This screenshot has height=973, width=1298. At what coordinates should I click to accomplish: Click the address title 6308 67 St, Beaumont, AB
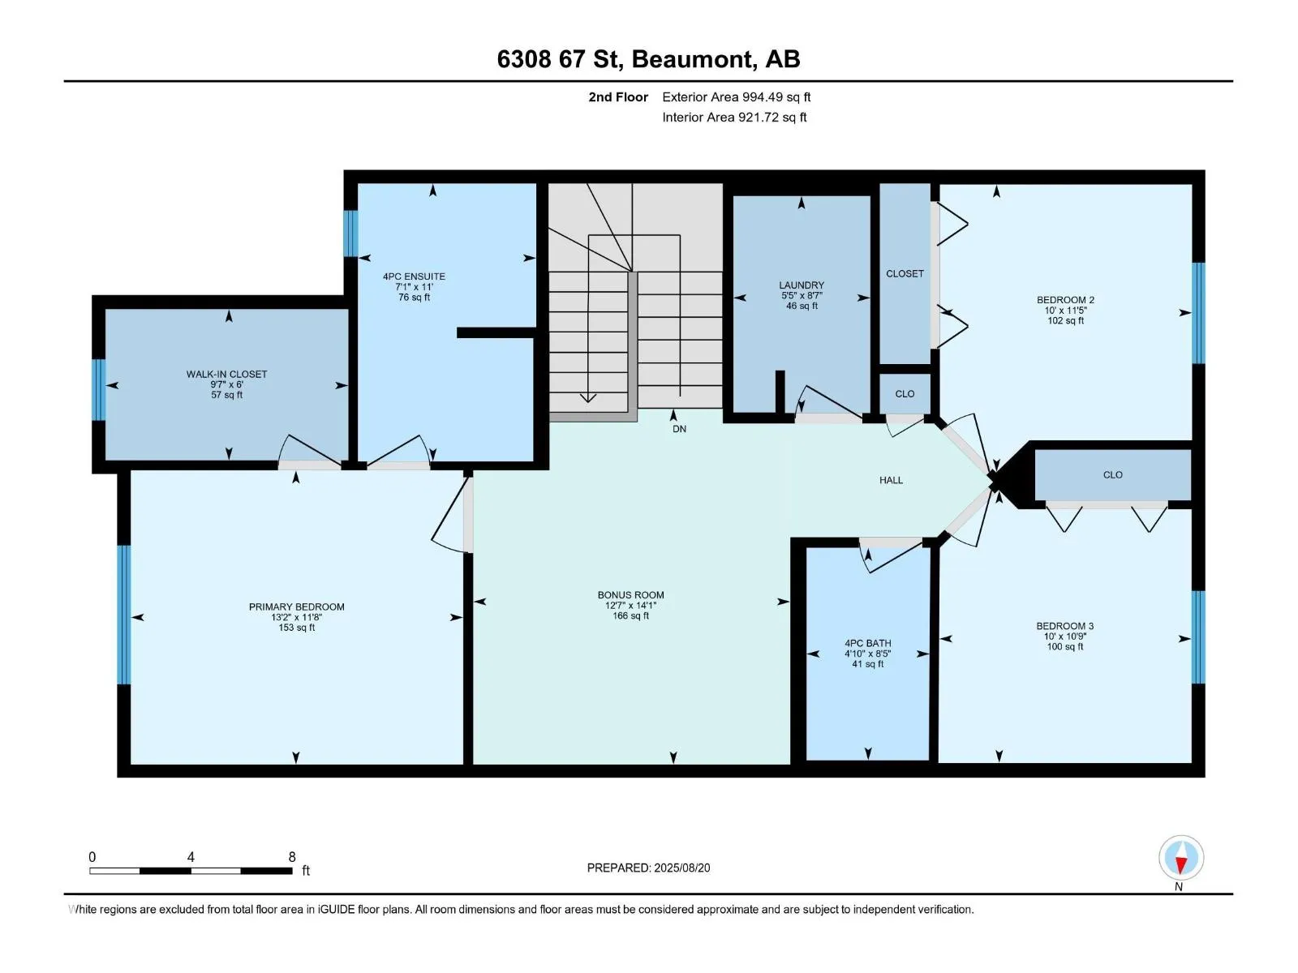click(648, 59)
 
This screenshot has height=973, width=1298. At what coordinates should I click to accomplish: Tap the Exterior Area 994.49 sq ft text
click(737, 96)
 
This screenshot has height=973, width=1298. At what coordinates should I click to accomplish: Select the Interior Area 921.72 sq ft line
click(734, 117)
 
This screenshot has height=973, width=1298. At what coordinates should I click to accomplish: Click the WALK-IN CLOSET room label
click(226, 374)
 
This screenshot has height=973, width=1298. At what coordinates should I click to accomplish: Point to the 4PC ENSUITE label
click(414, 276)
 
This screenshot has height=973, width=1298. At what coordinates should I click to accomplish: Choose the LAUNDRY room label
click(802, 285)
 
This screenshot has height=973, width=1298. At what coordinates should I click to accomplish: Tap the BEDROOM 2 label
click(1065, 299)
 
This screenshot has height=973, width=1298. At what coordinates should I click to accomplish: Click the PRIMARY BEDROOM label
click(296, 607)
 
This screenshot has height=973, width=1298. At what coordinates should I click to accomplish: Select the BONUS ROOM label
click(630, 595)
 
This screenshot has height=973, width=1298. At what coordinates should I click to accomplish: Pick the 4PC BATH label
click(867, 643)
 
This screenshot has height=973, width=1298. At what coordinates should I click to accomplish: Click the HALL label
click(891, 480)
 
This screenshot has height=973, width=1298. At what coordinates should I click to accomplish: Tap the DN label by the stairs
click(679, 429)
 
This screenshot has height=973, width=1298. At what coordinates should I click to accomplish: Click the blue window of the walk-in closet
click(99, 389)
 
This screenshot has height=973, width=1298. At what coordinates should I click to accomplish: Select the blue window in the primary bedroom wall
click(123, 615)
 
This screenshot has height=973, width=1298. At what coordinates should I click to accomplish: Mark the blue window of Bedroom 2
click(1198, 312)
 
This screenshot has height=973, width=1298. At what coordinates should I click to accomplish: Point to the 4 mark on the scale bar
click(191, 856)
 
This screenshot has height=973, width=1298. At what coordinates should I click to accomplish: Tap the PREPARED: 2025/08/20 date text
click(648, 868)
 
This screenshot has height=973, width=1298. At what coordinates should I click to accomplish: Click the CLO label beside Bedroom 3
click(1112, 475)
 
